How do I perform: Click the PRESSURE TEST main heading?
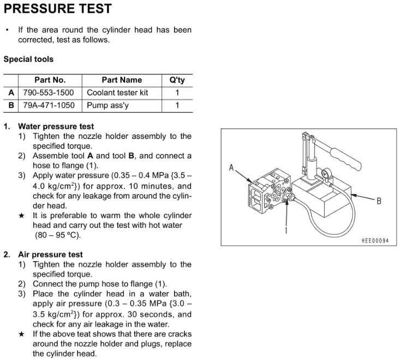[x=57, y=9]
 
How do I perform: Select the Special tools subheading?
[x=28, y=59]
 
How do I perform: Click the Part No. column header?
[x=50, y=80]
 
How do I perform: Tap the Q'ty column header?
[x=177, y=80]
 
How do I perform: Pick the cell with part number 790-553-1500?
[x=48, y=92]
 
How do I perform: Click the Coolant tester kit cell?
[x=117, y=92]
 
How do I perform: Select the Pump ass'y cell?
[x=108, y=105]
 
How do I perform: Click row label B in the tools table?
[x=11, y=105]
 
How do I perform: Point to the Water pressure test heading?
[x=56, y=126]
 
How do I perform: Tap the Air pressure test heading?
[x=50, y=254]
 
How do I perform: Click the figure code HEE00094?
[x=375, y=241]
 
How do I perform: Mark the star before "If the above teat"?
[x=21, y=334]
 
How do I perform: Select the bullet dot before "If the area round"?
[x=7, y=30]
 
